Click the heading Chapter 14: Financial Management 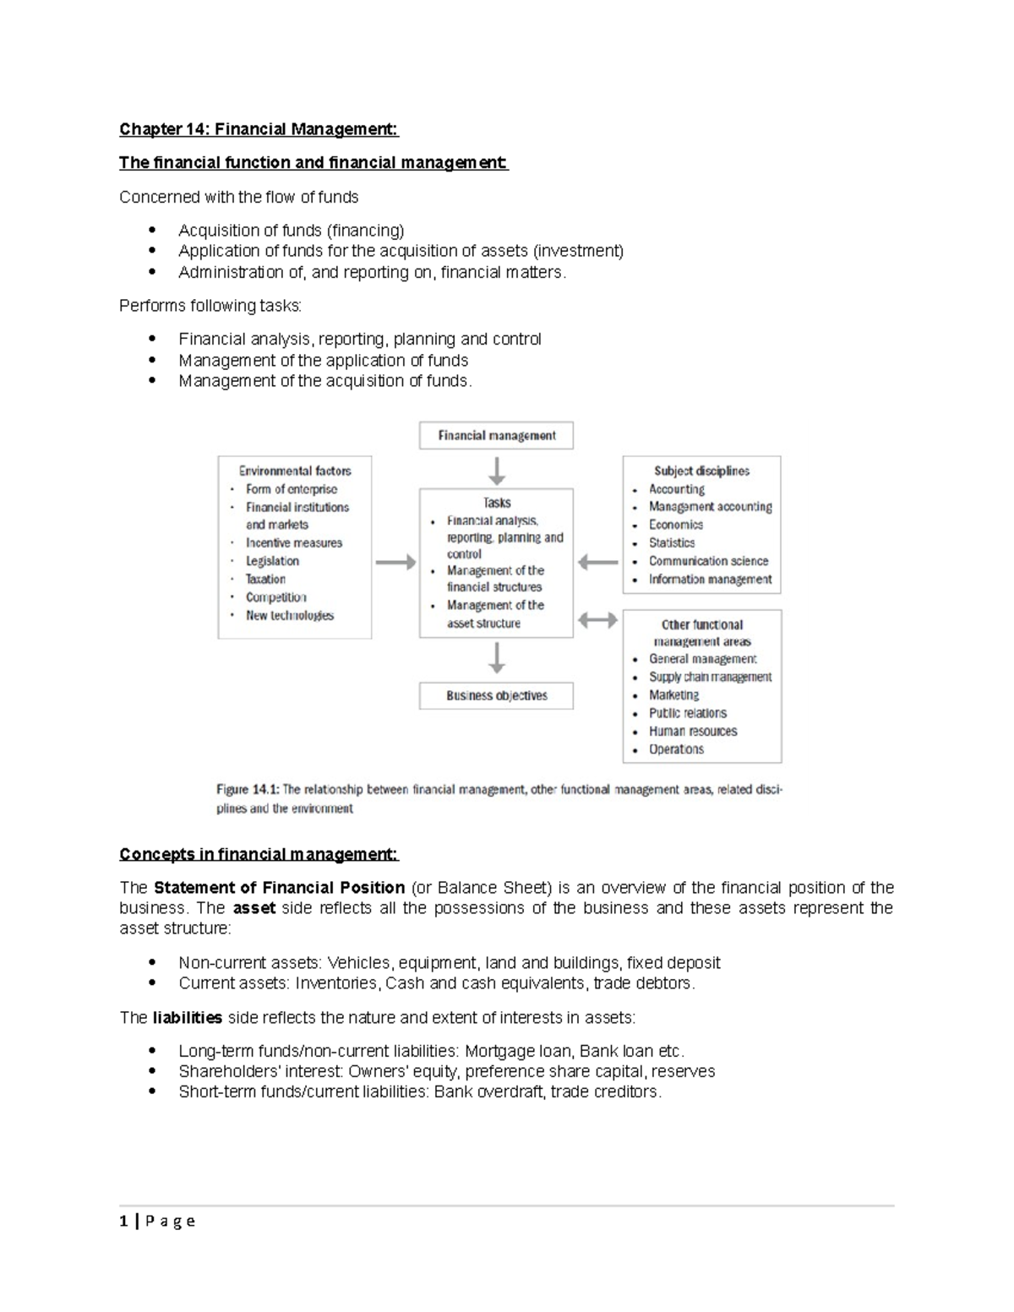[x=258, y=129]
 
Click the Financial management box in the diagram [x=497, y=436]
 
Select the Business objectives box [x=497, y=696]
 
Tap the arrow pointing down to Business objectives [x=497, y=658]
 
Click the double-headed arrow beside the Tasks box [x=597, y=621]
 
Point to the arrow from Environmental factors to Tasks [x=395, y=563]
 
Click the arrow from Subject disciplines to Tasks [x=597, y=563]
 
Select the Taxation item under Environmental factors [x=265, y=580]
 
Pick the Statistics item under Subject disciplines [x=672, y=543]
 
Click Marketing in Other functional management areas [x=673, y=695]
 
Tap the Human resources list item [x=693, y=732]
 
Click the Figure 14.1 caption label [x=247, y=790]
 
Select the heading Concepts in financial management [x=258, y=854]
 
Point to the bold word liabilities [x=187, y=1018]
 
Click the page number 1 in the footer [x=123, y=1221]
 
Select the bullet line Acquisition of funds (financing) [x=291, y=231]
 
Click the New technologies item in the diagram [x=290, y=616]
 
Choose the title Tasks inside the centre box [x=497, y=503]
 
